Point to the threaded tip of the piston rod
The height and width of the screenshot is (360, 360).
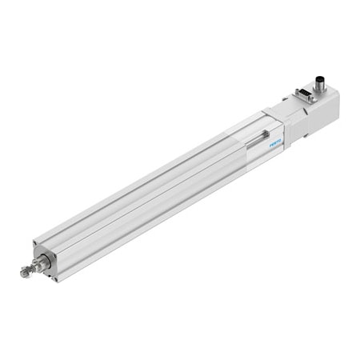25,272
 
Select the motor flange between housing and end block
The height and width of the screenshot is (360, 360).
293,124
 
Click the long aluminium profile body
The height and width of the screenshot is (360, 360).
152,200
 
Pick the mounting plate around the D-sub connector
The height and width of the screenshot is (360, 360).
305,98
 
